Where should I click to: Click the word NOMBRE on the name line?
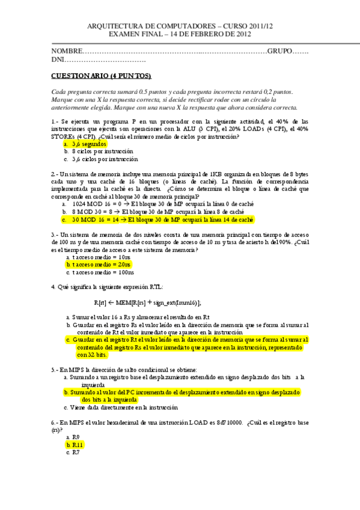point(66,52)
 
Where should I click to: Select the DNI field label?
point(58,60)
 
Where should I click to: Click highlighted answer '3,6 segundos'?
point(88,144)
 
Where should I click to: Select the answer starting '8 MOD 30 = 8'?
point(157,212)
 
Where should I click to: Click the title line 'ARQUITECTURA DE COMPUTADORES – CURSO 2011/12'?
point(180,26)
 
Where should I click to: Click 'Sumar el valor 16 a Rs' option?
point(139,316)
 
